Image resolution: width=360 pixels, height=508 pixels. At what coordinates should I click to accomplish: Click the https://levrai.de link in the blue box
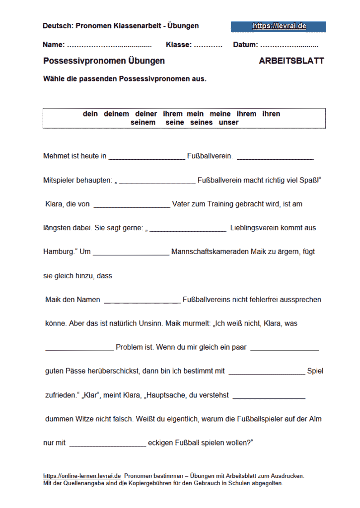click(279, 26)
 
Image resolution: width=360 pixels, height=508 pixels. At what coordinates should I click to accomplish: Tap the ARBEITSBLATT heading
click(291, 61)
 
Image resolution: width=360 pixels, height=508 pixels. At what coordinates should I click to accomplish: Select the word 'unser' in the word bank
click(228, 122)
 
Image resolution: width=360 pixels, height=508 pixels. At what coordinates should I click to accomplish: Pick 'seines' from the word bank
click(201, 122)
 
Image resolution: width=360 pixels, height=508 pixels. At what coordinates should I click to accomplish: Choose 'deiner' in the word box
click(146, 114)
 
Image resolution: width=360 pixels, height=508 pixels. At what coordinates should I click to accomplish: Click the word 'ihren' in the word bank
click(271, 114)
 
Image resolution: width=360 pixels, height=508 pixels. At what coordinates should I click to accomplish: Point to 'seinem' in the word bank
click(143, 122)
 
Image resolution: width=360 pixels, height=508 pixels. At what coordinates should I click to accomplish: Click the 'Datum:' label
click(245, 45)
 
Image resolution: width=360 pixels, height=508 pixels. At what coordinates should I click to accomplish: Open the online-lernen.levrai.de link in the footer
click(82, 475)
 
